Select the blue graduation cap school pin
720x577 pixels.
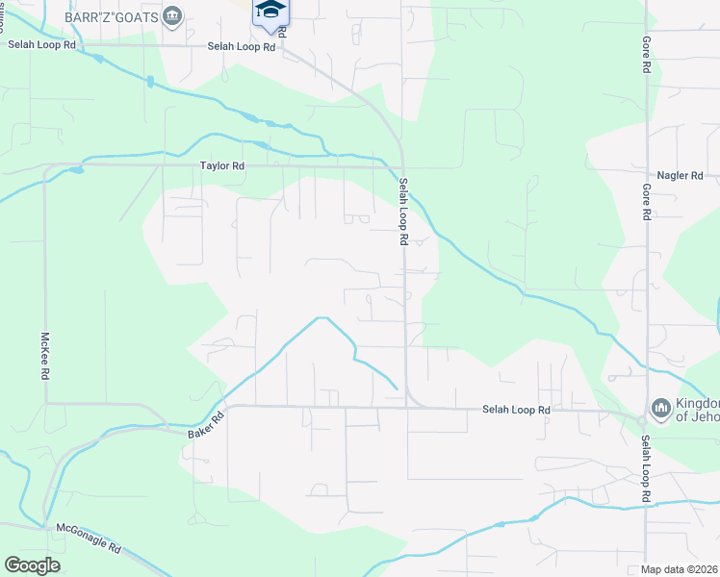[x=270, y=11]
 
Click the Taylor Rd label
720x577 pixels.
[x=222, y=165]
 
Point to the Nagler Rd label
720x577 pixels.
[x=681, y=175]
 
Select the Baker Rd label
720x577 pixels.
[x=205, y=424]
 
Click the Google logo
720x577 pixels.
[x=33, y=564]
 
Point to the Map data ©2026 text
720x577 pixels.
[x=680, y=569]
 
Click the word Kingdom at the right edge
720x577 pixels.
[x=697, y=403]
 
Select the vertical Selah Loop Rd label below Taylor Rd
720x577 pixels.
[x=404, y=212]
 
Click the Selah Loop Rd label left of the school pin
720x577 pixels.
[x=243, y=46]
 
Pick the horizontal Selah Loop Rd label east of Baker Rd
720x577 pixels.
[x=516, y=410]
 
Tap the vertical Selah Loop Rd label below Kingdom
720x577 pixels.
[x=647, y=469]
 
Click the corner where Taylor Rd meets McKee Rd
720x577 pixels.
[x=45, y=165]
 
